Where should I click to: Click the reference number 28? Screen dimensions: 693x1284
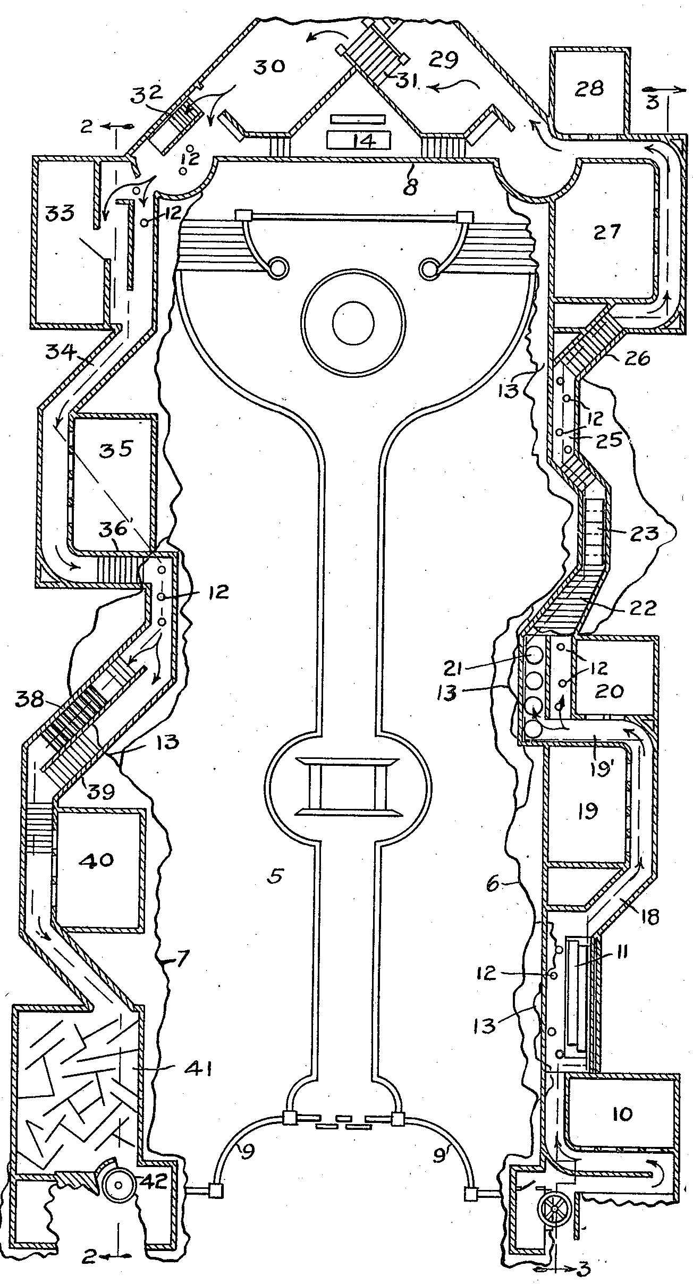coord(589,88)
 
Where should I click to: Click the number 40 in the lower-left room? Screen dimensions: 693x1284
coord(99,859)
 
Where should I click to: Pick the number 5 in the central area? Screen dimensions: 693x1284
coord(274,875)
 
